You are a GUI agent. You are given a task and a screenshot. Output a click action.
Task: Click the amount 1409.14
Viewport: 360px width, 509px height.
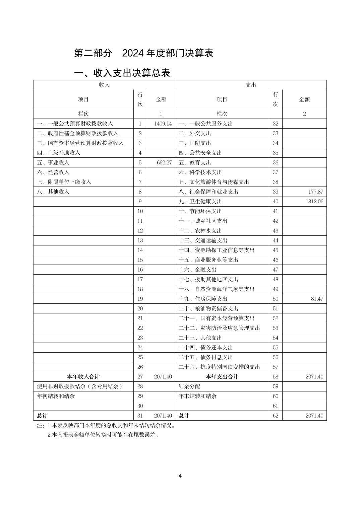tap(163, 124)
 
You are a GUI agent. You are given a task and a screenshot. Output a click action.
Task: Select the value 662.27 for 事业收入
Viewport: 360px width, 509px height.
tap(164, 162)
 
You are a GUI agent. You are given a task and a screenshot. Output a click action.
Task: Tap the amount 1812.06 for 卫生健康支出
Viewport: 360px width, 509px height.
tap(314, 201)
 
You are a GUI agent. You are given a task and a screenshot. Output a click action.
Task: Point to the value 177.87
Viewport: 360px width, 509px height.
tap(315, 192)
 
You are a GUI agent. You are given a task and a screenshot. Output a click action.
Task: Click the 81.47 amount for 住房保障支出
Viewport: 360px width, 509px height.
tap(317, 299)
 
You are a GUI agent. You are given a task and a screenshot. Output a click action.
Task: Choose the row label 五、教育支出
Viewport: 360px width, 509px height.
tap(195, 162)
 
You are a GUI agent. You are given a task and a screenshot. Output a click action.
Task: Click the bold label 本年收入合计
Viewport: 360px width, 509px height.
tap(83, 377)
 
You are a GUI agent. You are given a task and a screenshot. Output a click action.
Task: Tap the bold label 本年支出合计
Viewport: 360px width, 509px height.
tap(222, 377)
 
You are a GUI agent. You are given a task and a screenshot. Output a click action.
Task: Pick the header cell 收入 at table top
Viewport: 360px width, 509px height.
tap(104, 85)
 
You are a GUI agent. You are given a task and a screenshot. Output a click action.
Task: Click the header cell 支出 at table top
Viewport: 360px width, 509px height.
tap(251, 85)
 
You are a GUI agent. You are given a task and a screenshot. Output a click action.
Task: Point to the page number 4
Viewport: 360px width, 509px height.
tap(180, 476)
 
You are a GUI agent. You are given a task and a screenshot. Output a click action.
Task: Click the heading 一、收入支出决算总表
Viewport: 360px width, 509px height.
tap(122, 73)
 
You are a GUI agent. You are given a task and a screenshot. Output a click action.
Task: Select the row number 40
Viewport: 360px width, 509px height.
tap(275, 201)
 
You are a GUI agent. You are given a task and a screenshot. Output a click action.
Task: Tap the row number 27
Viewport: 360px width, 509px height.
tap(140, 377)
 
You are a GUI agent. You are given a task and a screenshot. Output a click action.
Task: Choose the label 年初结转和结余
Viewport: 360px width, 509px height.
tap(56, 396)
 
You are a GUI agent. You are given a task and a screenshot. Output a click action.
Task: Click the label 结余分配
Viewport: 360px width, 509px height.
tap(189, 386)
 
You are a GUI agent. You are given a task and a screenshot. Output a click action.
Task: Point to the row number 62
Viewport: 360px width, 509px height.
tap(275, 416)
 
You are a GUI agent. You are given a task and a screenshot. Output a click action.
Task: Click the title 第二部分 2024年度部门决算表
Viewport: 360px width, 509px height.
tap(144, 53)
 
